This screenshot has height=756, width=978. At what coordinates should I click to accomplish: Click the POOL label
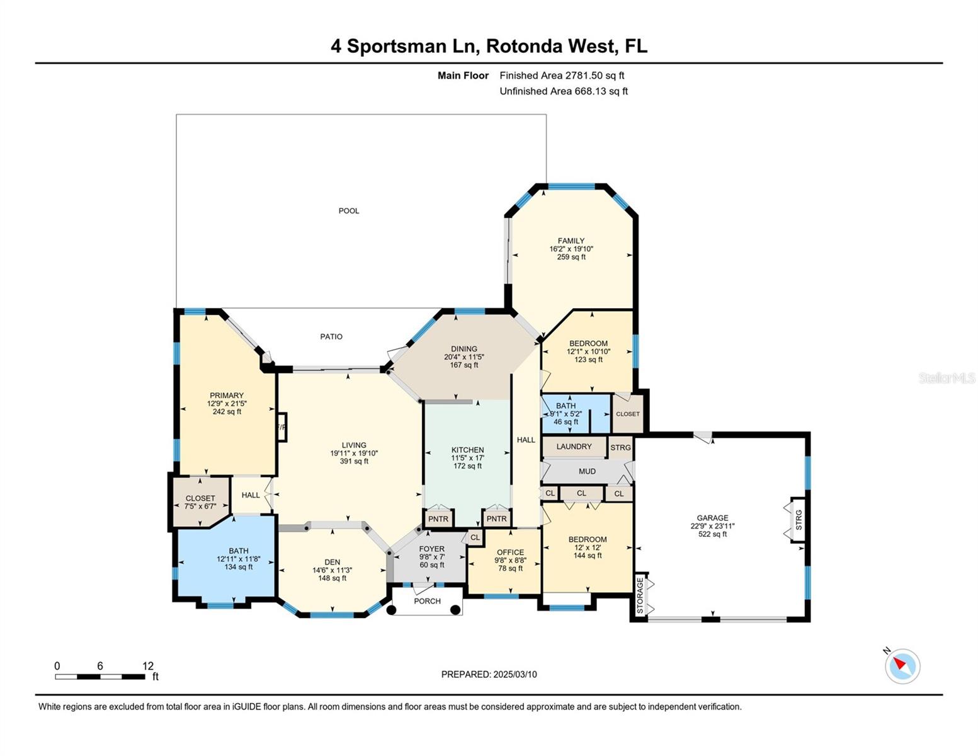click(x=348, y=210)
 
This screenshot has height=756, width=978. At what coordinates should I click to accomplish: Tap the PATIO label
click(x=331, y=336)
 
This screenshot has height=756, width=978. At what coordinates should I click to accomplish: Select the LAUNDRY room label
click(x=574, y=446)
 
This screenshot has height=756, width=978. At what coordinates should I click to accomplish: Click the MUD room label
click(x=587, y=471)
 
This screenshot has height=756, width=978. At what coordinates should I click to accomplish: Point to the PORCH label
click(x=427, y=601)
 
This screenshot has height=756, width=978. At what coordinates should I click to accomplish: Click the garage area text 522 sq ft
click(x=712, y=534)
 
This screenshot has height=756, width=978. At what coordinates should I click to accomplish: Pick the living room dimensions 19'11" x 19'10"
click(x=354, y=453)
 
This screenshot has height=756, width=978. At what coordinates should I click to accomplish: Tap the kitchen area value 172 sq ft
click(x=467, y=466)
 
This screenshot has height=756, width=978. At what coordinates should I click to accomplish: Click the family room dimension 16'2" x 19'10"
click(x=571, y=249)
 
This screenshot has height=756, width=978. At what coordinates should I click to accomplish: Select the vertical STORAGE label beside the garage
click(x=640, y=596)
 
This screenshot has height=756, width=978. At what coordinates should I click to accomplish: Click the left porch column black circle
click(x=391, y=610)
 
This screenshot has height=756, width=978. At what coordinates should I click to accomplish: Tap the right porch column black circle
click(x=455, y=610)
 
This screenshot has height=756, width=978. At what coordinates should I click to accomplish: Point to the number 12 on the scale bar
click(x=148, y=665)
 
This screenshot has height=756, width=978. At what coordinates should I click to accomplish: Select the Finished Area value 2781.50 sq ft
click(x=594, y=76)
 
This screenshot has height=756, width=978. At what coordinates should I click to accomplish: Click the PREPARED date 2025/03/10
click(x=515, y=675)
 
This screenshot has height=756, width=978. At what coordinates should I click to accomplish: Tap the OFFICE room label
click(x=510, y=552)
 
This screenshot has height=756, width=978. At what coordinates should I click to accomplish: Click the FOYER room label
click(x=431, y=549)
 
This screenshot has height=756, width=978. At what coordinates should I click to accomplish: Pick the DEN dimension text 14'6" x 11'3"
click(x=332, y=570)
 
